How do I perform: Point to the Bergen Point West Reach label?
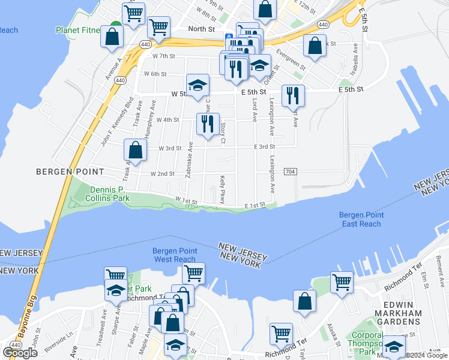[x=175, y=255]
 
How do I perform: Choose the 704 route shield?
[x=290, y=172]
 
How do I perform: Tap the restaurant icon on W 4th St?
[x=208, y=124]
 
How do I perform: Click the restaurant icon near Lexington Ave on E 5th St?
[x=293, y=95]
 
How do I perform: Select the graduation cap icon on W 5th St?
[x=196, y=86]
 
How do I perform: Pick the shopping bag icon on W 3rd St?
[x=136, y=150]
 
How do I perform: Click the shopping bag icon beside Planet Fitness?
[x=112, y=35]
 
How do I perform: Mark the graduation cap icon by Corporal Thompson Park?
[x=394, y=347]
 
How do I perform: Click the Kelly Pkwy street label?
[x=222, y=190]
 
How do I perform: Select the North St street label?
[x=201, y=29]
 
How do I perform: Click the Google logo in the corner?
[x=20, y=352]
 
